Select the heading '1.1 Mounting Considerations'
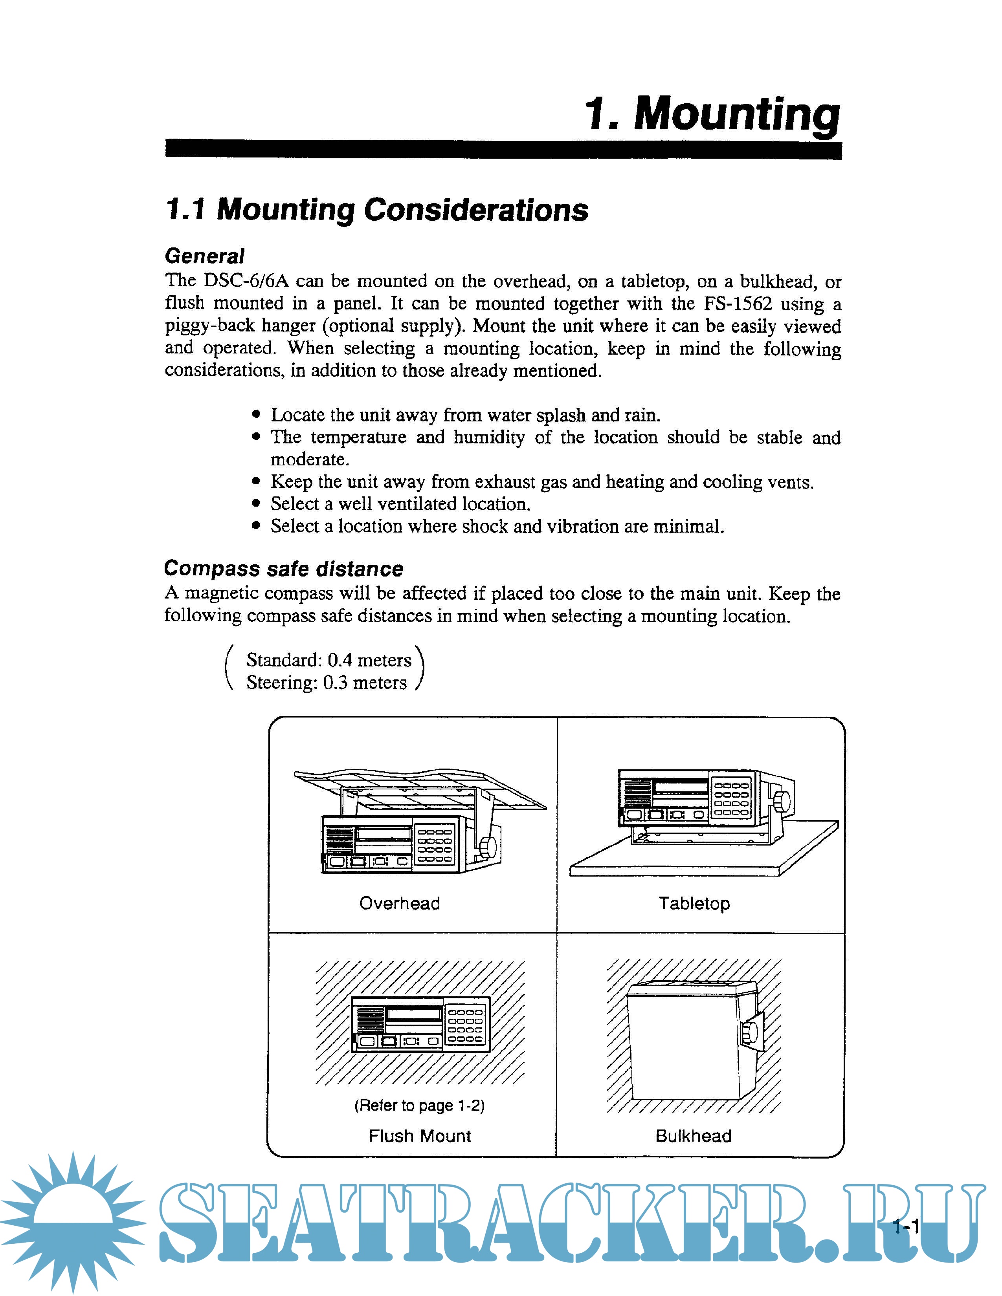(376, 210)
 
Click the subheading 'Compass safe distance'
(283, 569)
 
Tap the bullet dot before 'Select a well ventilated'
(256, 503)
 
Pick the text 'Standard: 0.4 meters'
(328, 660)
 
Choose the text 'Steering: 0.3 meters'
(327, 683)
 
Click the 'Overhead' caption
(400, 903)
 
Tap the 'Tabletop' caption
(694, 903)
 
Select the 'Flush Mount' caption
(419, 1136)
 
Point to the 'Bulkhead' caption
(693, 1136)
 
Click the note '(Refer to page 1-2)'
(419, 1105)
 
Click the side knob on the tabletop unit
(782, 800)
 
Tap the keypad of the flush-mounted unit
(466, 1026)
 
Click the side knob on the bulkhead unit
(750, 1032)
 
